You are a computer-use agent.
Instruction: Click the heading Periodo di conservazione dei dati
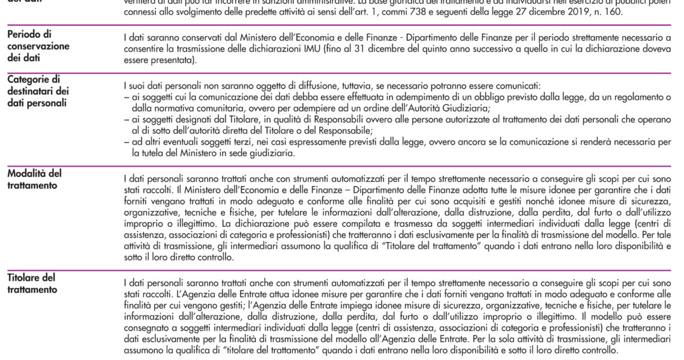pos(38,46)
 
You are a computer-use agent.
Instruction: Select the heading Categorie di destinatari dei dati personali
pos(38,91)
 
